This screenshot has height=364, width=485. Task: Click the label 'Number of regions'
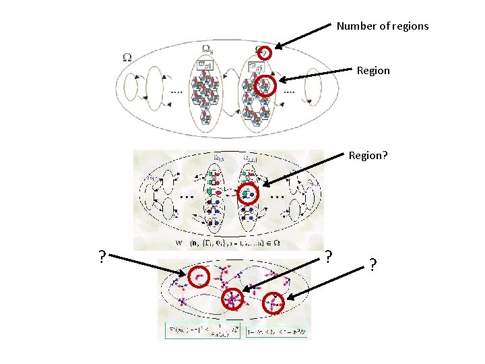click(x=382, y=26)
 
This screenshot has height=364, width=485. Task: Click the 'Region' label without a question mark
click(x=373, y=71)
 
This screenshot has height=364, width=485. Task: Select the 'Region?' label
click(x=368, y=155)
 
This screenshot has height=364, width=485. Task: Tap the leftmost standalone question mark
click(x=101, y=257)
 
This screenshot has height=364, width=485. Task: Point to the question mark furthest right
click(x=372, y=265)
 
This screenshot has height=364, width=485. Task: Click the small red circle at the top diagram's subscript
click(x=265, y=53)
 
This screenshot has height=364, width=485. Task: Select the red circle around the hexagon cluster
click(x=266, y=86)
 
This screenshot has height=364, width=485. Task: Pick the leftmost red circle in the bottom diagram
click(x=199, y=275)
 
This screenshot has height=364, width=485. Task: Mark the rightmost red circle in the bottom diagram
click(x=275, y=303)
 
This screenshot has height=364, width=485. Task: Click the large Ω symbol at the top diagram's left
click(x=127, y=58)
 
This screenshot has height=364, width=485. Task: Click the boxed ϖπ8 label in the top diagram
click(x=203, y=64)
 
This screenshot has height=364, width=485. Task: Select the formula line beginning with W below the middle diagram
click(x=222, y=243)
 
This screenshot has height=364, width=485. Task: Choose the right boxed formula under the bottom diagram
click(x=278, y=331)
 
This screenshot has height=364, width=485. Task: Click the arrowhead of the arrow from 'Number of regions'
click(x=278, y=47)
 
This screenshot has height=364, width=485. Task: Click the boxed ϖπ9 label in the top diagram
click(x=256, y=66)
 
